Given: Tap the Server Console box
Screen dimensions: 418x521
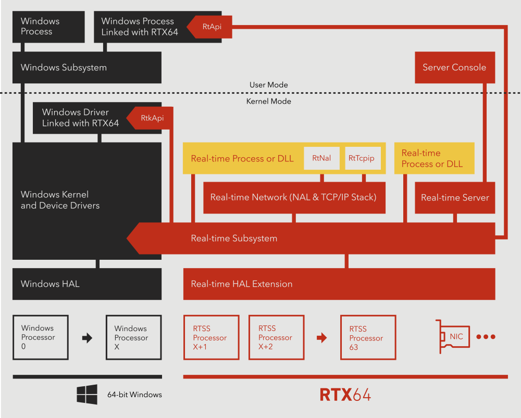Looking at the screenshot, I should coord(454,68).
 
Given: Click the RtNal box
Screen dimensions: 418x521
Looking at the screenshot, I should coord(321,158).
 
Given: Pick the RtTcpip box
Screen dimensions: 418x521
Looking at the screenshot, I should coord(361,158).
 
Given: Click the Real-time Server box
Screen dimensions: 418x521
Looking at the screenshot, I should coord(455,198).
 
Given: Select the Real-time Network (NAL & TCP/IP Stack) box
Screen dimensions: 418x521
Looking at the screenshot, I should coord(294,198).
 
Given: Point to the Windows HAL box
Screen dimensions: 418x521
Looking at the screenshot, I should coord(87,284).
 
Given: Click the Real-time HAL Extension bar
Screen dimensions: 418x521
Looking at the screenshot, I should coord(339,284).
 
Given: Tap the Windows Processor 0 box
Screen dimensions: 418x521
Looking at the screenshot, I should coord(41,337).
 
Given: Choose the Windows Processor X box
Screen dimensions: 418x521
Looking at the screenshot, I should coord(133,337).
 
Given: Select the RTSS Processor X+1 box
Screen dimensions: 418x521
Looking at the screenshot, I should coord(212,337).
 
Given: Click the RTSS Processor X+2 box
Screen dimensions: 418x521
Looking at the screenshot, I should coord(277,337).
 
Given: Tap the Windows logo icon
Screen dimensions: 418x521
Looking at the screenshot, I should coord(87,395).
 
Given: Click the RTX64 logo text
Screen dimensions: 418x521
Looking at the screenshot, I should coord(345,395).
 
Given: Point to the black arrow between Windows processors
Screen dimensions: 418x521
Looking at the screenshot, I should coord(87,338).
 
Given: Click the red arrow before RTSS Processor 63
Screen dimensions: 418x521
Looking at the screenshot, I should coord(322,338).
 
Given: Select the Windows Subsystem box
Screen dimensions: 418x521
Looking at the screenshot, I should coord(87,68).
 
